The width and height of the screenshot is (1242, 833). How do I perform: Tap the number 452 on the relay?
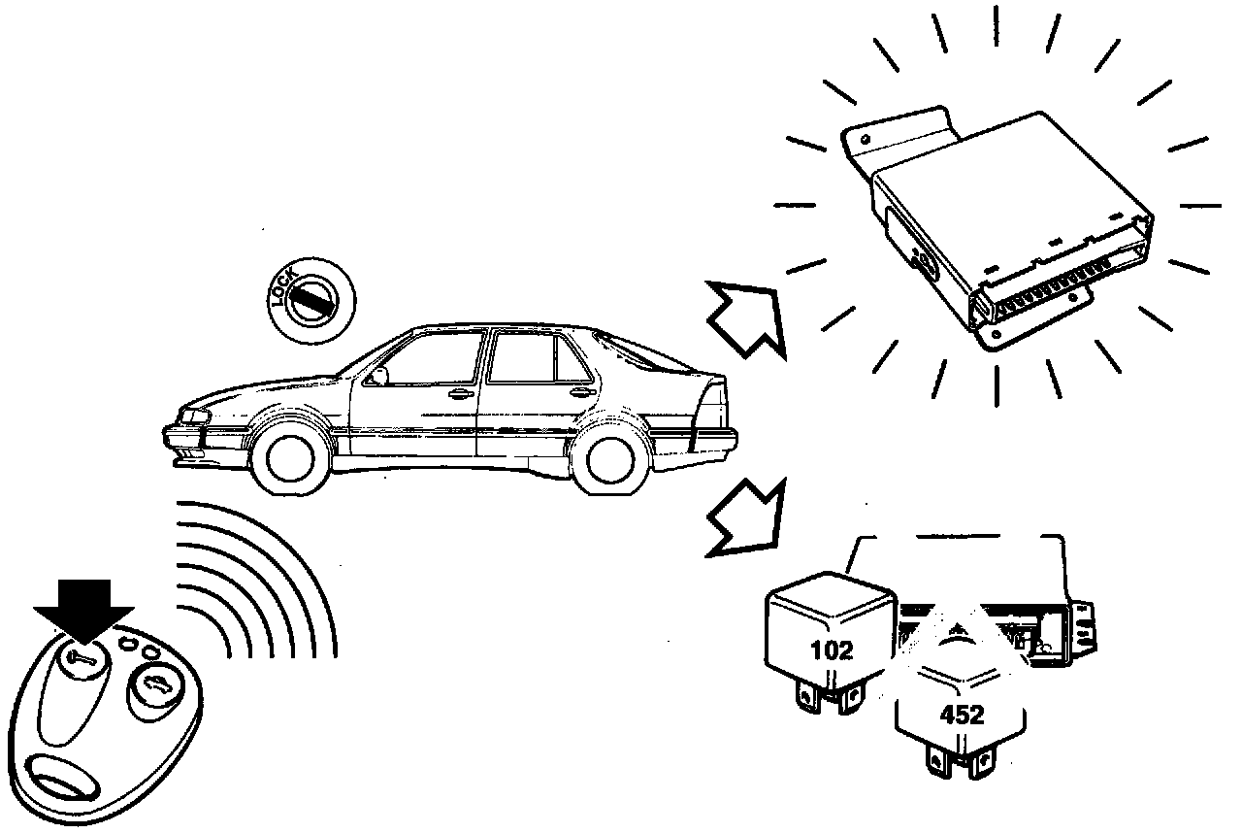pos(962,716)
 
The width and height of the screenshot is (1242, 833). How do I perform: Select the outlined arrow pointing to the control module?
pos(744,317)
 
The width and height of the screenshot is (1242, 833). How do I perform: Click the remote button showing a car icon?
pos(152,690)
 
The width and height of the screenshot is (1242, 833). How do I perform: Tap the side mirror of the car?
pos(380,375)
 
